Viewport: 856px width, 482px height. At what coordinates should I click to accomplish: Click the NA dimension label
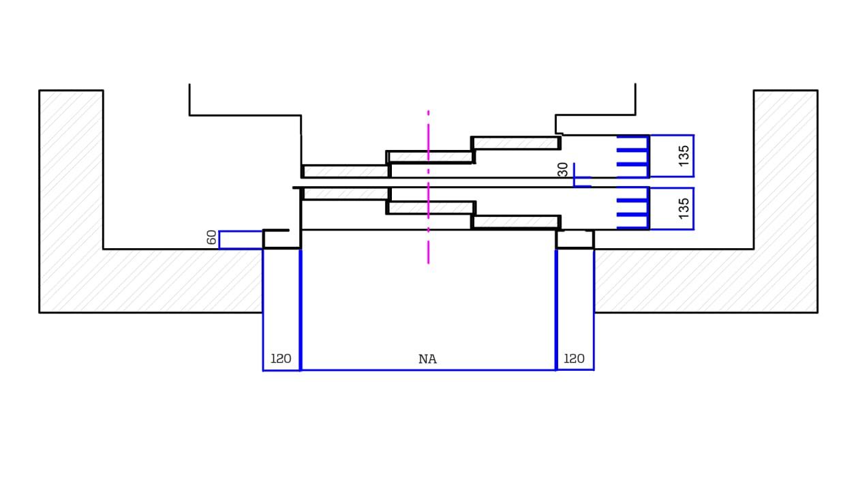click(x=427, y=359)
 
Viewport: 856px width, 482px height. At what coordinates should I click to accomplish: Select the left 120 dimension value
click(x=281, y=359)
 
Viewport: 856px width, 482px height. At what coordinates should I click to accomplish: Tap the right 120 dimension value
click(x=575, y=359)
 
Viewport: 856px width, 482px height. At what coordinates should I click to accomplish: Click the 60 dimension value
click(x=212, y=238)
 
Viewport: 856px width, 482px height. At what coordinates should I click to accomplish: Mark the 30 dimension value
click(x=563, y=170)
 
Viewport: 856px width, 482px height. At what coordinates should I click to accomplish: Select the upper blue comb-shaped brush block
click(x=633, y=156)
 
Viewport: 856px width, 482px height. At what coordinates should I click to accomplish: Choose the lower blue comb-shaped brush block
click(x=633, y=208)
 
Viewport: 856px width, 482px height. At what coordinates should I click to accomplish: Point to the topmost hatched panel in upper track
click(x=515, y=143)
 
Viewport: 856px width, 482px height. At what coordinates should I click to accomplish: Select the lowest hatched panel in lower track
click(x=515, y=222)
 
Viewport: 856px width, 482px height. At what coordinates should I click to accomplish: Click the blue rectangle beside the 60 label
click(x=241, y=240)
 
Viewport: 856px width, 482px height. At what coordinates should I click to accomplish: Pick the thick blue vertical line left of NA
click(x=301, y=307)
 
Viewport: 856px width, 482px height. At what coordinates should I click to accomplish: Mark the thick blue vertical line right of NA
click(x=556, y=307)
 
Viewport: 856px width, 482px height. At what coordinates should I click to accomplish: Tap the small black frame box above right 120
click(x=575, y=239)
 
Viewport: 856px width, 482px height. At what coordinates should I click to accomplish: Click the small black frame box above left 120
click(x=281, y=239)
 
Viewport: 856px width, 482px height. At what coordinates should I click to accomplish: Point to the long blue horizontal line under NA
click(x=427, y=370)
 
